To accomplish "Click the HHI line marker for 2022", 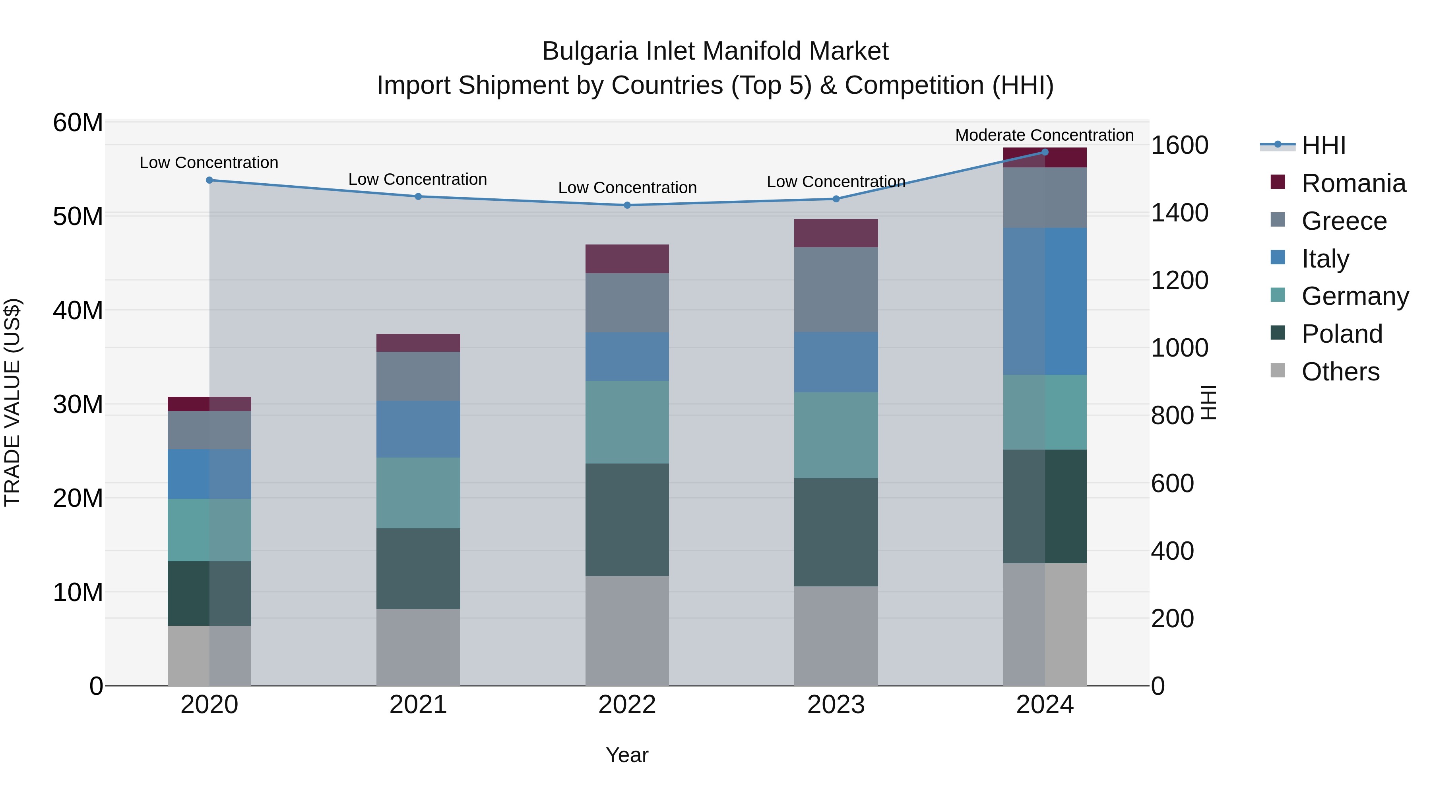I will [x=627, y=205].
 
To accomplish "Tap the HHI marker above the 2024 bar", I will [x=1045, y=152].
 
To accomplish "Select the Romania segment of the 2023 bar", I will [x=836, y=233].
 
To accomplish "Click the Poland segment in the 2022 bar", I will [x=627, y=520].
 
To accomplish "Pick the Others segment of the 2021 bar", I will [x=418, y=647].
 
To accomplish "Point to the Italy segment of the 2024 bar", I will [x=1045, y=301].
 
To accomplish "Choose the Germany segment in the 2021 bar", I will [x=418, y=493].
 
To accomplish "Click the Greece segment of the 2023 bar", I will [x=836, y=289].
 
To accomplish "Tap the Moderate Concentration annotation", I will [x=1044, y=135].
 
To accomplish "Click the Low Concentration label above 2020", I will [x=209, y=162].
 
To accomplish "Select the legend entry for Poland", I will [x=1341, y=334].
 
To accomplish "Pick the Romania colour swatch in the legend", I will [x=1278, y=182].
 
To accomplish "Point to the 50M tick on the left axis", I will [x=78, y=216].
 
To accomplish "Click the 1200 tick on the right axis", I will [x=1179, y=280].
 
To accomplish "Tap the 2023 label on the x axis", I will [x=836, y=705].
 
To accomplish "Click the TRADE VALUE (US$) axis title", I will [x=12, y=402].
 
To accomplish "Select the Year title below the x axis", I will [x=627, y=755].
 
